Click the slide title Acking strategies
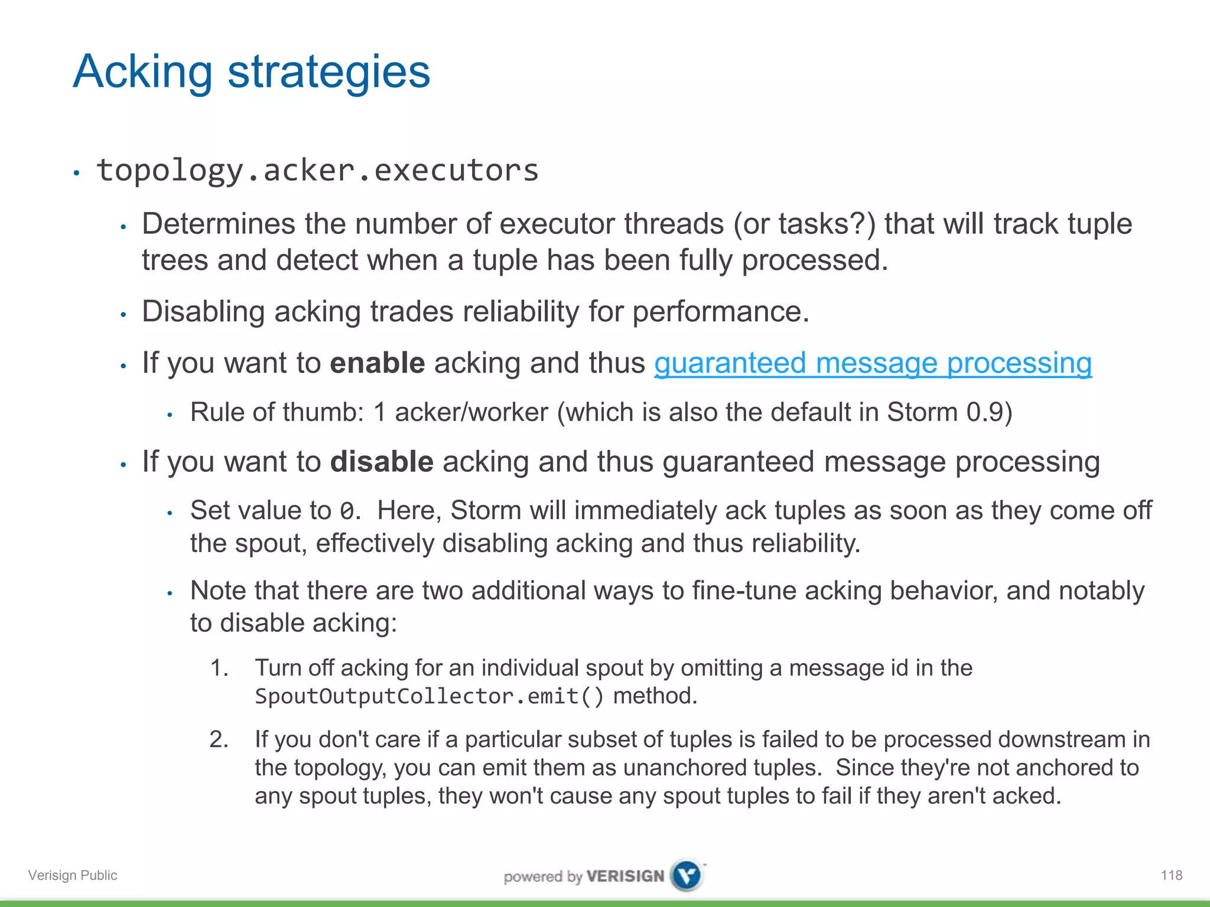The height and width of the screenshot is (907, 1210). point(251,72)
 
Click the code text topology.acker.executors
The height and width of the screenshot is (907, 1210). point(317,171)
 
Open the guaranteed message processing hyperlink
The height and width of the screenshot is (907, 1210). point(873,363)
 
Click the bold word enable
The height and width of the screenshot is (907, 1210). point(377,363)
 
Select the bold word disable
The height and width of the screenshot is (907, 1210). point(382,462)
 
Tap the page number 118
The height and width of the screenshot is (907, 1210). point(1171,875)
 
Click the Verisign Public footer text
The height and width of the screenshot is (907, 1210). point(73,875)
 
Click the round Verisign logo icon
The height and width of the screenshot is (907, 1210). point(687,875)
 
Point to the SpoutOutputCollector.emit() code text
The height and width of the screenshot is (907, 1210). point(429,696)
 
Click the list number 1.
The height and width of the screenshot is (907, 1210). point(219,668)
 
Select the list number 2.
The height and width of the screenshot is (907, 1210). point(219,739)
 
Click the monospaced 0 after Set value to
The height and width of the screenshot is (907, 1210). point(347,511)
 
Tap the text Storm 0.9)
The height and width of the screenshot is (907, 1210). point(949,412)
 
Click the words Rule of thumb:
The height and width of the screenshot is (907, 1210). point(277,412)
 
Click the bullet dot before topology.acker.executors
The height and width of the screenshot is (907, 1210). point(76,173)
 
